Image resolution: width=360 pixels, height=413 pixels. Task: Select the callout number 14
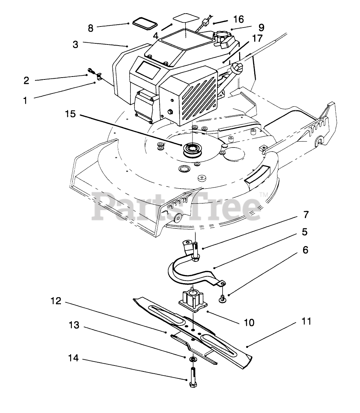point(74,358)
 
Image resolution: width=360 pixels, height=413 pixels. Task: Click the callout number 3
point(75,44)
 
